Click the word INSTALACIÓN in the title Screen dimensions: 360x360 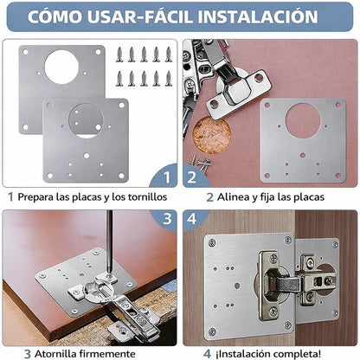point(254,16)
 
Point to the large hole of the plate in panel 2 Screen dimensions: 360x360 point(303,121)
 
